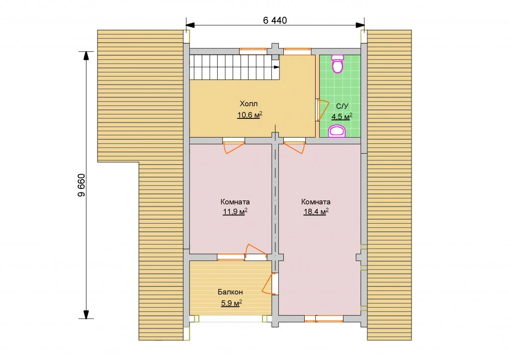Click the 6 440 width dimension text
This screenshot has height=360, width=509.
coord(275,20)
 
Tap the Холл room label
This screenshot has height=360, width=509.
coord(249,104)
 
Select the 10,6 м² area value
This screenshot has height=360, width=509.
coord(250,115)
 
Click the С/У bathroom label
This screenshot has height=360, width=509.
coord(342,106)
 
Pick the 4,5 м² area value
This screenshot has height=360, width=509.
coord(342,116)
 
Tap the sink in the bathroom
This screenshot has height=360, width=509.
coord(338,132)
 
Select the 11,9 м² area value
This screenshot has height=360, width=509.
coord(235,212)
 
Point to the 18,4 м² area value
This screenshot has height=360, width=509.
coord(316,212)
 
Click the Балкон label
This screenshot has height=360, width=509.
coord(230,292)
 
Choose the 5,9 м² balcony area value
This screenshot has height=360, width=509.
coord(232,303)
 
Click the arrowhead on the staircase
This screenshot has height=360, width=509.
coord(276,67)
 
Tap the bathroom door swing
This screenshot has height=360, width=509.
coord(324,110)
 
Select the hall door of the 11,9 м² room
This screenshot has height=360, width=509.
coord(234,146)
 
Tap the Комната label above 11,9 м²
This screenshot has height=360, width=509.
coord(235,202)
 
